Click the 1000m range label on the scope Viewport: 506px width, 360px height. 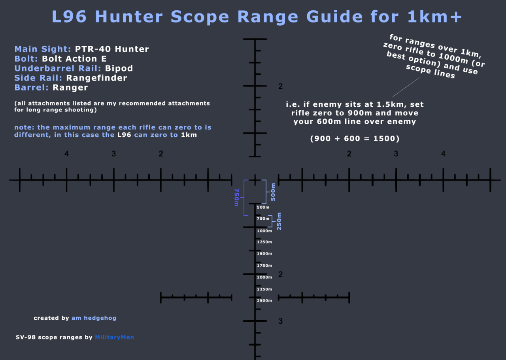click(264, 231)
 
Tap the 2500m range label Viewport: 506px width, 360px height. click(264, 301)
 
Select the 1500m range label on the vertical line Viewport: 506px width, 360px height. click(264, 254)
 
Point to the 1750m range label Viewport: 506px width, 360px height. click(264, 266)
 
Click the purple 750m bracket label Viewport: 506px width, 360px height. click(236, 197)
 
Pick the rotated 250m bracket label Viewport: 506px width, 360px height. click(279, 221)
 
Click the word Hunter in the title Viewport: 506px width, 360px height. click(129, 17)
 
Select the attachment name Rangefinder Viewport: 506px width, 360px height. click(96, 78)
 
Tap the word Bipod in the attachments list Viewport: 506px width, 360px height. click(119, 68)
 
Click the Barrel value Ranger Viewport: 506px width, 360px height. click(70, 87)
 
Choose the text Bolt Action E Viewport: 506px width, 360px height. click(74, 59)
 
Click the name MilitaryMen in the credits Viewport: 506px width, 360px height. click(114, 337)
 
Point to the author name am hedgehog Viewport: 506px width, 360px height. click(94, 318)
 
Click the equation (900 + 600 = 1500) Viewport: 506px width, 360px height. click(355, 139)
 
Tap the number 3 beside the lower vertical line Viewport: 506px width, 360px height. click(280, 321)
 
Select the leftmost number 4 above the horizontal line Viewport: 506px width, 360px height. click(66, 154)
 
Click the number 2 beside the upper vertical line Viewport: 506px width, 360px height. click(280, 87)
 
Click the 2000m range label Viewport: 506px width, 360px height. click(264, 277)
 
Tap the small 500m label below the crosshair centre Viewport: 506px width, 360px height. click(263, 207)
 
